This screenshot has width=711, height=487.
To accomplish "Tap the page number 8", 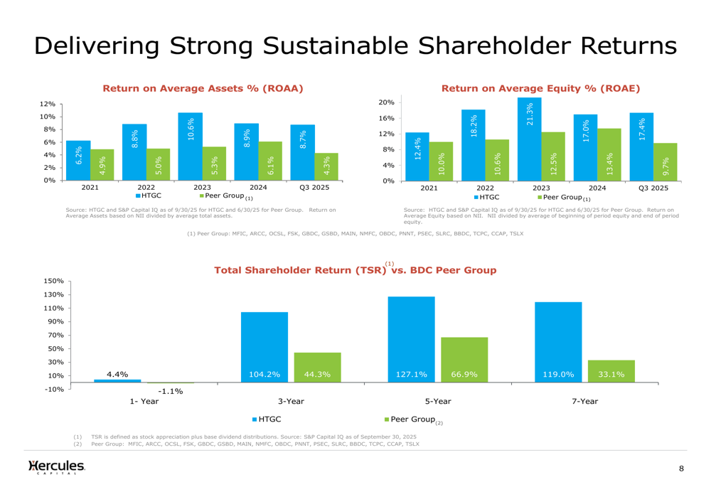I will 681,469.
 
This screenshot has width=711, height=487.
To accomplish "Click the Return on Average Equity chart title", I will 540,89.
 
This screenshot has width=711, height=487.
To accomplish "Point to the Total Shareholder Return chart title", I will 355,271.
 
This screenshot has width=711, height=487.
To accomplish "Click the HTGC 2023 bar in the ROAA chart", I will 190,146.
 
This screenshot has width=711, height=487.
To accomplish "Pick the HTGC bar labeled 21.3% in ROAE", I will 529,139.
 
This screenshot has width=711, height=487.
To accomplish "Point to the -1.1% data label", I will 170,391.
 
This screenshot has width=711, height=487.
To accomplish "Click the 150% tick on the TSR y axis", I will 54,282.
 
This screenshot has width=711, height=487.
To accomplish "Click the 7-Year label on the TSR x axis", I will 584,402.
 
